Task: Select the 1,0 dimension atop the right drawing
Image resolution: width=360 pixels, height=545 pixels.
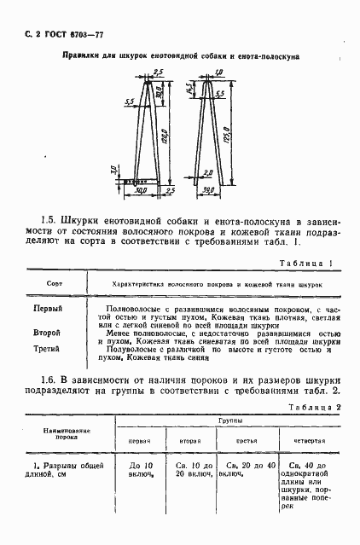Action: pos(219,72)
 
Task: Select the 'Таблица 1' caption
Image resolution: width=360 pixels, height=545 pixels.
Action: pos(308,264)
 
